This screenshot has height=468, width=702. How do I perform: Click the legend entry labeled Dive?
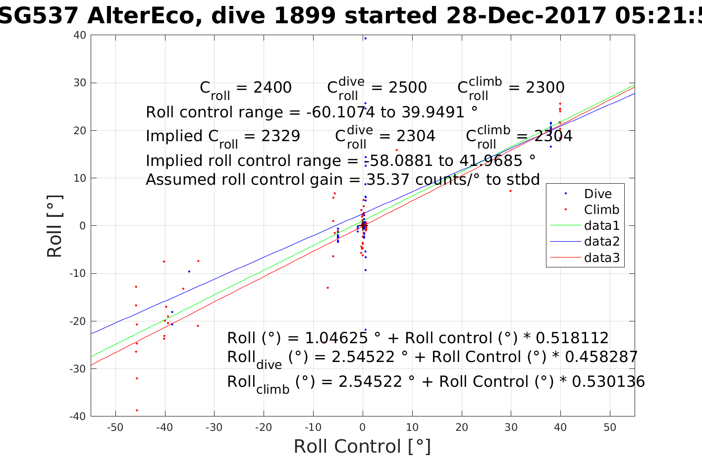(597, 194)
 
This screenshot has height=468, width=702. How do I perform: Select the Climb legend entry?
(601, 209)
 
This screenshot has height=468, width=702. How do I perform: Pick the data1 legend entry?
(601, 226)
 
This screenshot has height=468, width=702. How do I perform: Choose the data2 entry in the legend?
(601, 242)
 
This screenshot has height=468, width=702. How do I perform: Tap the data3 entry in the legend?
(601, 258)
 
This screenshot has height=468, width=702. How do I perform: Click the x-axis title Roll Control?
(362, 446)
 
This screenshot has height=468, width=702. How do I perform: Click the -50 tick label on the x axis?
(115, 428)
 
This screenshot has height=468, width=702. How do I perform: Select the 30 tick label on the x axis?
(511, 428)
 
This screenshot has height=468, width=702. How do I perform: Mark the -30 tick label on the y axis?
(79, 369)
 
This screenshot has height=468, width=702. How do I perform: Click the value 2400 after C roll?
(272, 88)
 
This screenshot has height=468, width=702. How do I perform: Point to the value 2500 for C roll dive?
(407, 88)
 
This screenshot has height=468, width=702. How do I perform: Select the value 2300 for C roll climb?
(545, 88)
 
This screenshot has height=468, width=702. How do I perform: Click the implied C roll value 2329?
(280, 136)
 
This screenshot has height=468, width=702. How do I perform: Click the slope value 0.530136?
(608, 382)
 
